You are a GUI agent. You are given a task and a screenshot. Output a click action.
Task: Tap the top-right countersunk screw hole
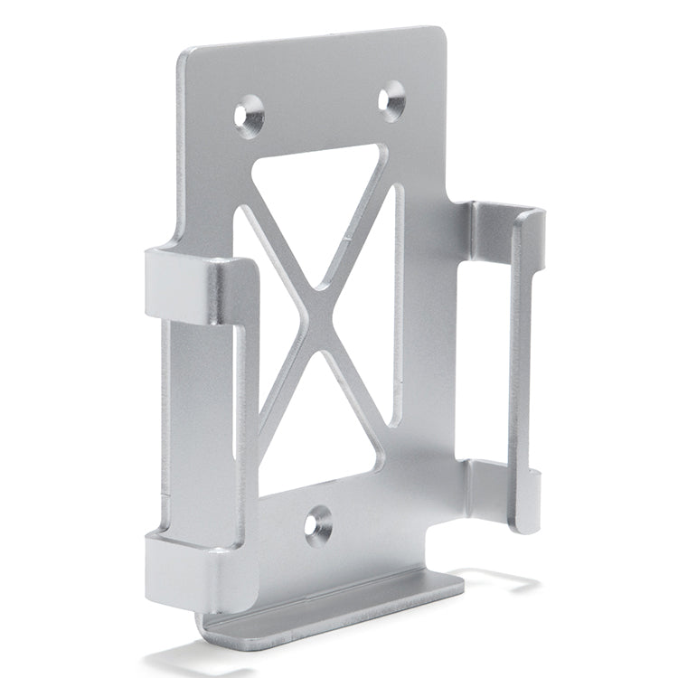point(392,99)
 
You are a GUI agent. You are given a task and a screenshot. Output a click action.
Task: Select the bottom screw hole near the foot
point(317,524)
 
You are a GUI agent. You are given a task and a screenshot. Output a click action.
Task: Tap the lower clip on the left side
point(190,570)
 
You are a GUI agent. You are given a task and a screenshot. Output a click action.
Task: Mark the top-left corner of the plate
point(185,56)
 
